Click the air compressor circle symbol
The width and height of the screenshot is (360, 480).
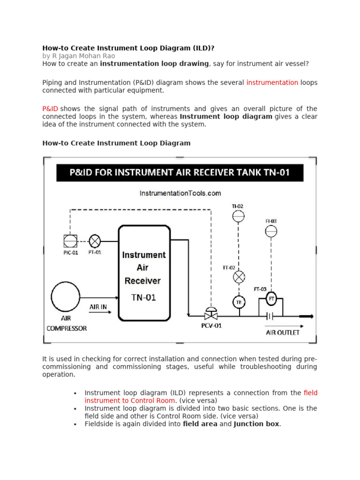66,295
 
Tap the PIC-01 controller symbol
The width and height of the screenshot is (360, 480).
70,241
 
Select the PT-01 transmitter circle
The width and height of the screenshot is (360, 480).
95,241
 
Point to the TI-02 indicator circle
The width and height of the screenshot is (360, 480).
239,216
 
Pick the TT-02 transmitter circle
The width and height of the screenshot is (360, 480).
239,277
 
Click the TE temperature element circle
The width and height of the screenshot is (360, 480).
239,302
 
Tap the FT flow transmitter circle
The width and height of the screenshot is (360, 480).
271,298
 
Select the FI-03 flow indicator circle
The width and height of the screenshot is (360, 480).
271,232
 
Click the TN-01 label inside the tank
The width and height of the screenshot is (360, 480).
144,297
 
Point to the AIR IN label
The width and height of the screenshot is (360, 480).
98,307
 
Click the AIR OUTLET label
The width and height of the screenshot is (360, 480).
283,333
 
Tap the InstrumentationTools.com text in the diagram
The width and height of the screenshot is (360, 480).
180,193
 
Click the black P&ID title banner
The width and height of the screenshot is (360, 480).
180,172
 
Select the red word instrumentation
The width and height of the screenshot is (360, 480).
272,82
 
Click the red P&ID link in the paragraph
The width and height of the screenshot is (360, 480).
50,108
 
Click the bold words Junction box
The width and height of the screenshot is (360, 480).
256,424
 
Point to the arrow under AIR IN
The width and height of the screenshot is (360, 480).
100,313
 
